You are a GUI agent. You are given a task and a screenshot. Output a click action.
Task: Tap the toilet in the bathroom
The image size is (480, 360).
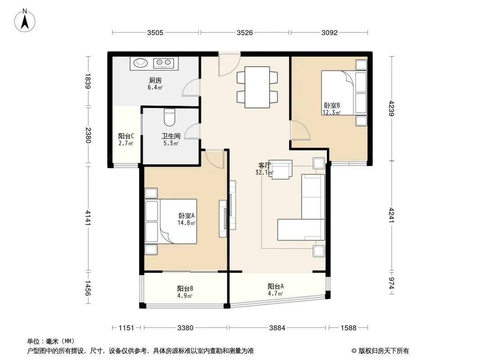169,117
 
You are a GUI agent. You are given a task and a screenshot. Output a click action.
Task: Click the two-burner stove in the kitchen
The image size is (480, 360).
163,63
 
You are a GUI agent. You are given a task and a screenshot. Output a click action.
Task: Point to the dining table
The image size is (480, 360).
257,87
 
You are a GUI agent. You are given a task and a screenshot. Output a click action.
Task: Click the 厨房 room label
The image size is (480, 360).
155,81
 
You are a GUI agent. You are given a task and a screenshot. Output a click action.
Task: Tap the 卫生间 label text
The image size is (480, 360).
171,136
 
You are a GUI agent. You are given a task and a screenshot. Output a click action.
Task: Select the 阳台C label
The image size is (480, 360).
126,136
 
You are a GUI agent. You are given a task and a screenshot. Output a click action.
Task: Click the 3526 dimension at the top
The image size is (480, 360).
245,33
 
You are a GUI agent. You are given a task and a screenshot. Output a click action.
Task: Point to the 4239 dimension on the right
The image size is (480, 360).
392,108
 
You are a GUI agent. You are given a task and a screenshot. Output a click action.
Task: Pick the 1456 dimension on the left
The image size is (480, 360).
88,288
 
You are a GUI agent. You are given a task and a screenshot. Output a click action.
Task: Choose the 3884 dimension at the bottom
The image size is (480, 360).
277,328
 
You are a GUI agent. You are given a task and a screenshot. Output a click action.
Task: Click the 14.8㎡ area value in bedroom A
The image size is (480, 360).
186,223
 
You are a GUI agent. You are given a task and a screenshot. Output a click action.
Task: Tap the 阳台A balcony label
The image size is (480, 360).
276,286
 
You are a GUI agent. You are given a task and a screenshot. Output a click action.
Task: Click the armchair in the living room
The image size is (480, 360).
281,169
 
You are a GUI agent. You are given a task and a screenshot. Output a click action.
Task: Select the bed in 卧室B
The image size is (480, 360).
344,93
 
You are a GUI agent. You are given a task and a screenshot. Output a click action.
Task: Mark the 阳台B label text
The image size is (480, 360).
185,288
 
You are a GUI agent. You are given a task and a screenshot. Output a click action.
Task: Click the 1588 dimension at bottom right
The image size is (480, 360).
349,328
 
